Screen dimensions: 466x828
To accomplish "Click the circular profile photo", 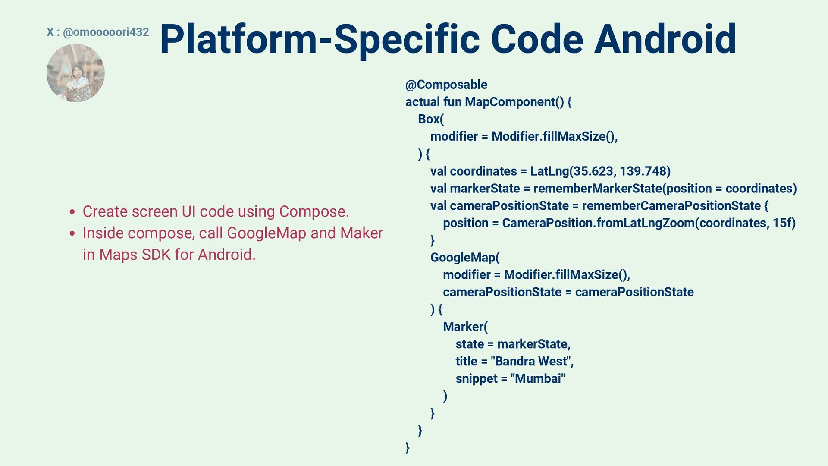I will click(75, 73).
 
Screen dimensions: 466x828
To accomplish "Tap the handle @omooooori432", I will click(106, 32).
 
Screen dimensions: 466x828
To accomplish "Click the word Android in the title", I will click(665, 39).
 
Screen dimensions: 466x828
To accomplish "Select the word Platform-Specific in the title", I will click(320, 39).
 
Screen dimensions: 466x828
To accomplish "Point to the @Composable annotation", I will click(446, 85).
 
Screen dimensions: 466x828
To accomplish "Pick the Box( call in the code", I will click(430, 119).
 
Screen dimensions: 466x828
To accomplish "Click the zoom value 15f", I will click(784, 223).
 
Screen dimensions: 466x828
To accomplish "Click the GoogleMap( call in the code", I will click(464, 258).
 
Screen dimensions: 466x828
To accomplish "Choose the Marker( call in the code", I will click(465, 327).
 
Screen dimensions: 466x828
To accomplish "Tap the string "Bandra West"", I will click(531, 361).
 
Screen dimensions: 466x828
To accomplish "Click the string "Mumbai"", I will click(537, 378).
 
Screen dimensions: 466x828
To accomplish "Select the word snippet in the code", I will click(477, 379).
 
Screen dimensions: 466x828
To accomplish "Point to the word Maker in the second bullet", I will click(361, 233).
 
